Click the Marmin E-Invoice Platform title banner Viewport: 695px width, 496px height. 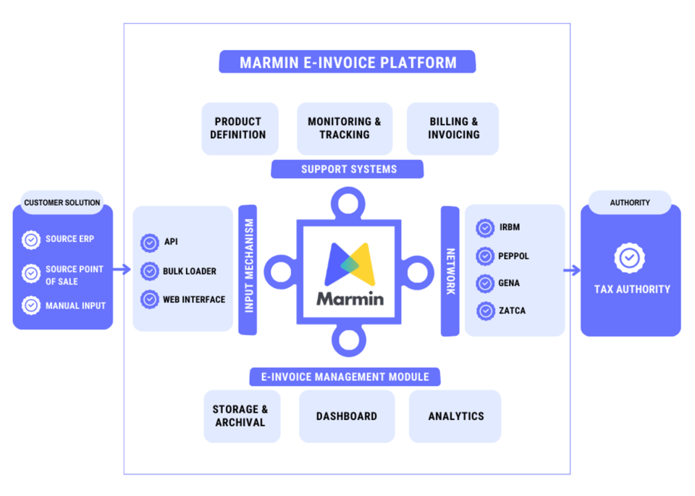point(347,62)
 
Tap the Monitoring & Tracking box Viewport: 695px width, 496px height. point(345,128)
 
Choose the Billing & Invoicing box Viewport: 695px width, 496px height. point(453,128)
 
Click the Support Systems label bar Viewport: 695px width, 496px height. point(348,169)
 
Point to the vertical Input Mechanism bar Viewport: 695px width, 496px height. point(248,270)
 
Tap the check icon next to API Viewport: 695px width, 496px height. point(150,243)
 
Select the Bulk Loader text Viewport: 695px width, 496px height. point(190,272)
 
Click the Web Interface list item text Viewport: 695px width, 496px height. point(194,299)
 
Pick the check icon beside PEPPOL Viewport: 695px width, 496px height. point(486,256)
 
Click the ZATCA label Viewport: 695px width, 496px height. point(512,311)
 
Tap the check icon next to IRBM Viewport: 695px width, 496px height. point(486,228)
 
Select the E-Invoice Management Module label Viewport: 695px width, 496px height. point(345,377)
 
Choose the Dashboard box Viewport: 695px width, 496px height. point(347,416)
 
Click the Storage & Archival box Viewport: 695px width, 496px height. point(240,416)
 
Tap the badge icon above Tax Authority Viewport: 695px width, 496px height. point(630,257)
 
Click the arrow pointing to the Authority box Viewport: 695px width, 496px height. point(572,271)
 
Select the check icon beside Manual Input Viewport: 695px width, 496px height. point(31,306)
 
